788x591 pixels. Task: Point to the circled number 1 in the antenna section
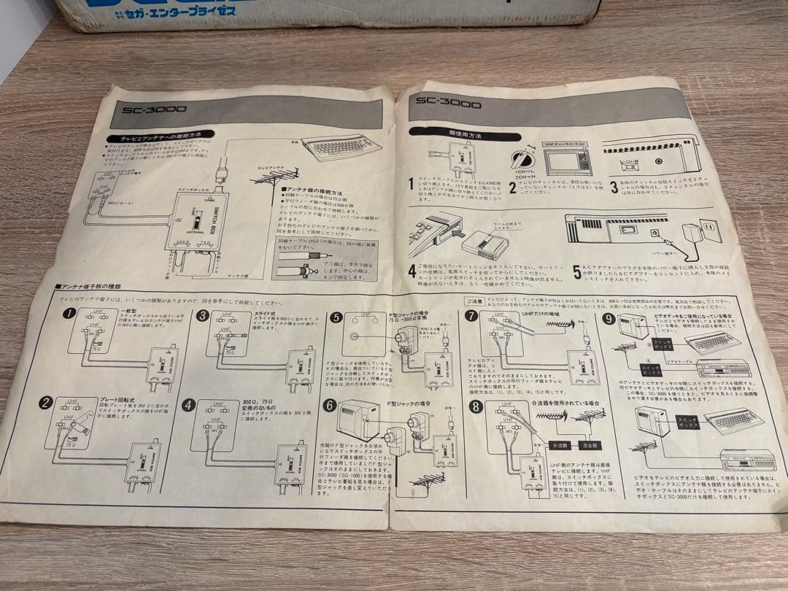(x=69, y=313)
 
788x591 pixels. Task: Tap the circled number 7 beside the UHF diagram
(x=471, y=316)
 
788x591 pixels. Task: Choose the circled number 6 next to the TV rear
(x=330, y=406)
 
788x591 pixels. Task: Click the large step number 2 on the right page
(x=512, y=188)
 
